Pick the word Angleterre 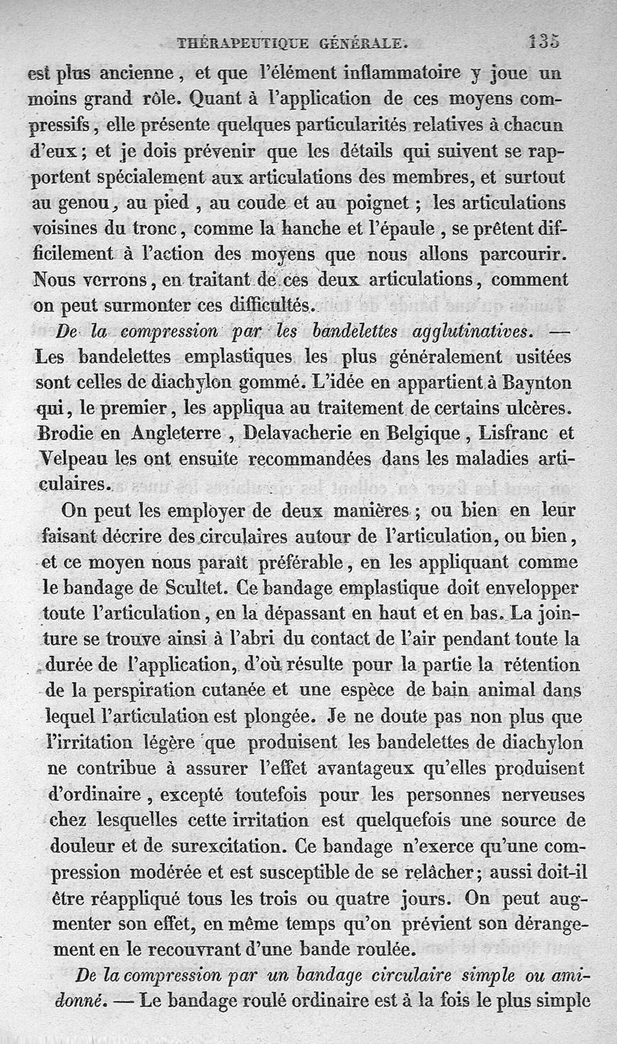click(160, 433)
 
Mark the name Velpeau click(72, 458)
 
